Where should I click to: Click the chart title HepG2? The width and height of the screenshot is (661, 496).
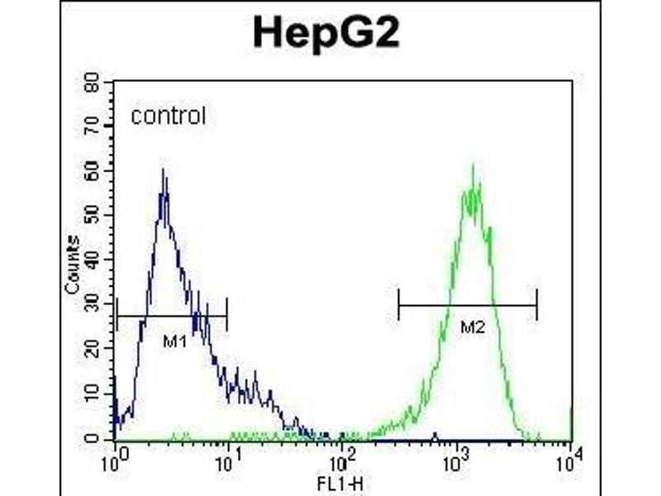tap(330, 33)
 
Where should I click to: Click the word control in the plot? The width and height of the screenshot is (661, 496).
tap(168, 117)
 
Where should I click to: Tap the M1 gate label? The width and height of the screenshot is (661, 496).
tap(172, 341)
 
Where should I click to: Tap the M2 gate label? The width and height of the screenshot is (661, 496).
tap(472, 328)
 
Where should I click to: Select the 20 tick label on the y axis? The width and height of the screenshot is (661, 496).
tap(92, 350)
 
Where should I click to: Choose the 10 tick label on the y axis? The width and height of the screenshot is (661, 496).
tap(92, 394)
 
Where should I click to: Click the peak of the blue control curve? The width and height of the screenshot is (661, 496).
tap(164, 170)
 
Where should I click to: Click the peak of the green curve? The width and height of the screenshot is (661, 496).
tap(473, 166)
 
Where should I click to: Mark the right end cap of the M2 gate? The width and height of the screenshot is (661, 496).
tap(536, 305)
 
